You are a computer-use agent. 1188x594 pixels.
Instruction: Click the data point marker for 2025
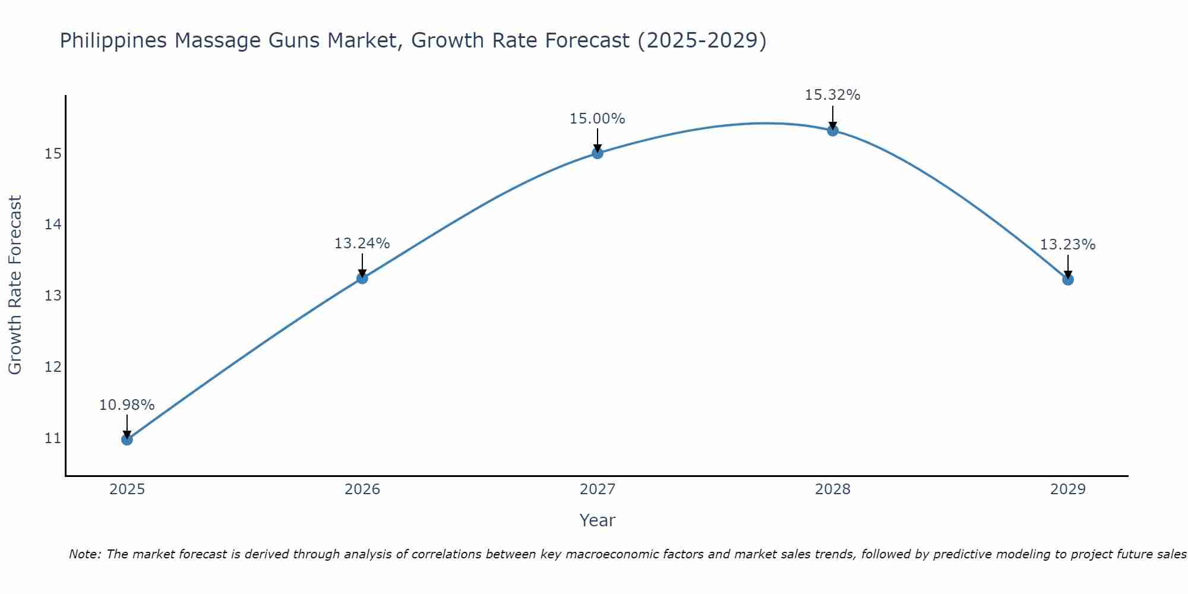click(127, 440)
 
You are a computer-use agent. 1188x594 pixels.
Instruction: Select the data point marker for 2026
click(362, 278)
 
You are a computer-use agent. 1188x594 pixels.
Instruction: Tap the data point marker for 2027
click(597, 153)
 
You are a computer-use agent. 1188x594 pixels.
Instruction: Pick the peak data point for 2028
click(832, 131)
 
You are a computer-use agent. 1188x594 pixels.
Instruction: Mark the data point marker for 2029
click(1067, 279)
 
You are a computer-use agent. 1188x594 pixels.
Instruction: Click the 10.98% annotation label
click(127, 405)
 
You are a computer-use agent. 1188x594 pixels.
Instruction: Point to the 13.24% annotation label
click(362, 244)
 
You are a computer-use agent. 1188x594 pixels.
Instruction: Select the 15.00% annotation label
click(597, 119)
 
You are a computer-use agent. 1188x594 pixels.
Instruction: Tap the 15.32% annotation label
click(832, 95)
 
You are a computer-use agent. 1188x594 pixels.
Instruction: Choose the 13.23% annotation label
click(1067, 245)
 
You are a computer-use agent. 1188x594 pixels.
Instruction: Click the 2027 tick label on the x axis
click(597, 489)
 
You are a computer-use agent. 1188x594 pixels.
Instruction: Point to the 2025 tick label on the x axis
click(127, 489)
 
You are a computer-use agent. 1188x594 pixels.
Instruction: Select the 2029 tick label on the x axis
click(1067, 489)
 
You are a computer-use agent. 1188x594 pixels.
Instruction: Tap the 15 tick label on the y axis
click(53, 154)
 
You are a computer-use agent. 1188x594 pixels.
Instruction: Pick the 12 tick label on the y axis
click(53, 367)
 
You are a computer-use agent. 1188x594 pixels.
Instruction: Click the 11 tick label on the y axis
click(53, 438)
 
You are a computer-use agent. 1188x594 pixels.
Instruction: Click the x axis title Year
click(597, 520)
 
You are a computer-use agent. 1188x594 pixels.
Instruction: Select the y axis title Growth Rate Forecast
click(15, 285)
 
